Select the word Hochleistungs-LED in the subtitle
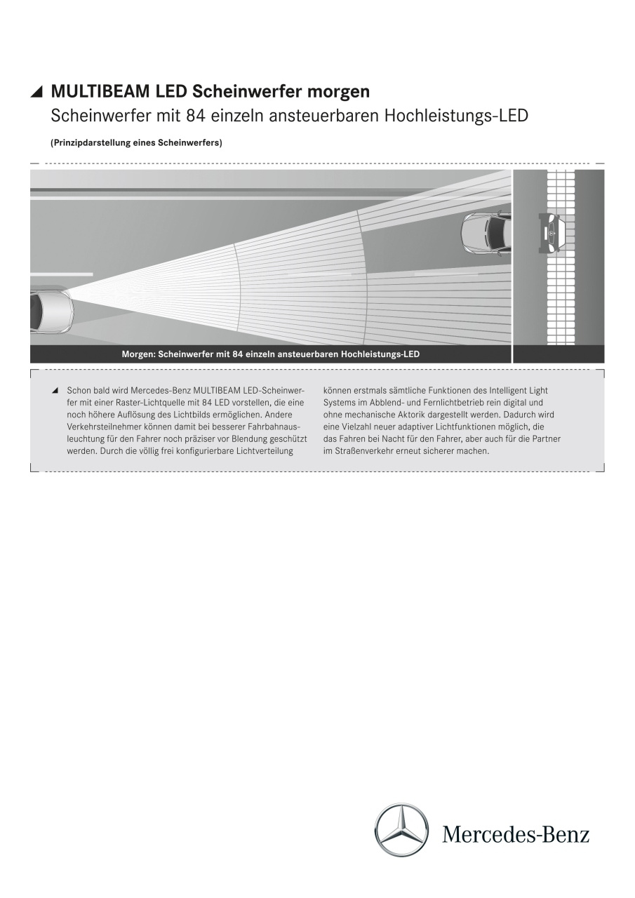pyautogui.click(x=456, y=116)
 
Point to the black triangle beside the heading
pyautogui.click(x=38, y=92)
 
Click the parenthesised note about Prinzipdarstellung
pyautogui.click(x=136, y=143)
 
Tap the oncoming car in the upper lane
pyautogui.click(x=487, y=234)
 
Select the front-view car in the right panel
pyautogui.click(x=552, y=233)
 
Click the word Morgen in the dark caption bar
pyautogui.click(x=138, y=354)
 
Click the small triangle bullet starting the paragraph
pyautogui.click(x=55, y=390)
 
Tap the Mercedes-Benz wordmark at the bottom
pyautogui.click(x=516, y=834)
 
